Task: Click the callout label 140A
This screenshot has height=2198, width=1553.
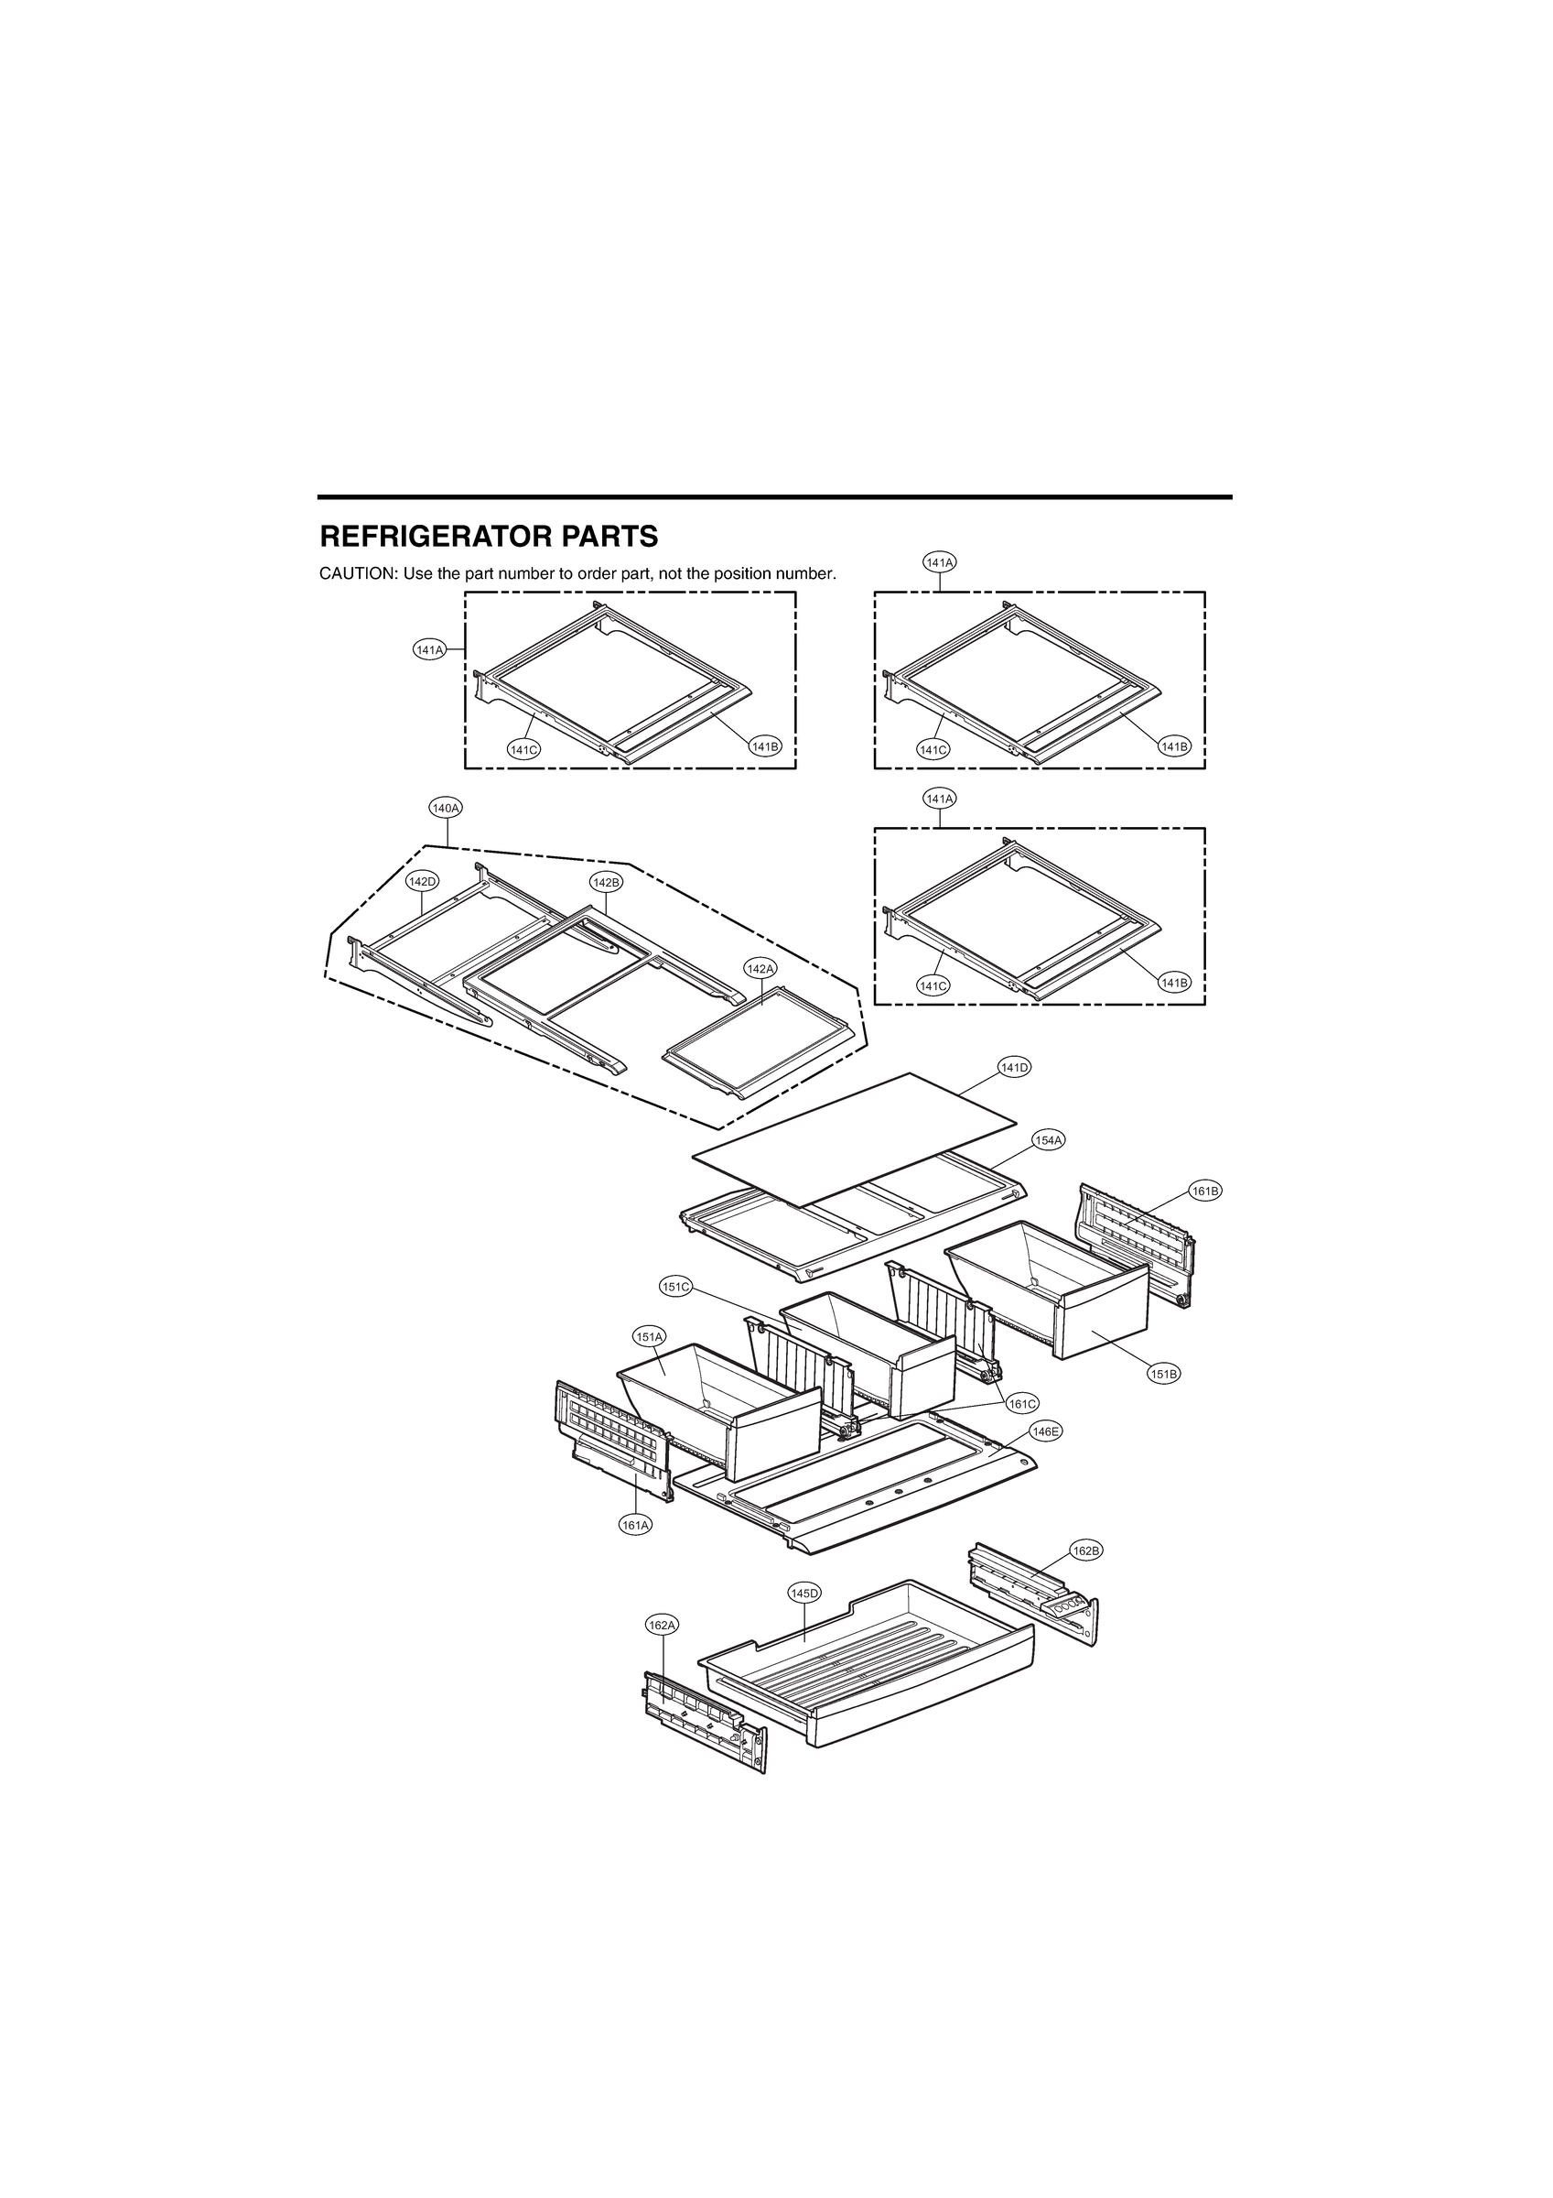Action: pos(446,808)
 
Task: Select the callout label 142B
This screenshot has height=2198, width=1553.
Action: pos(606,881)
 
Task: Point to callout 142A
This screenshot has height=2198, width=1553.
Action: pos(760,969)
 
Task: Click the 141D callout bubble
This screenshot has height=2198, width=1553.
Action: pos(1014,1068)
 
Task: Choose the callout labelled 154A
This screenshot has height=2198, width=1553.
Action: pos(1048,1140)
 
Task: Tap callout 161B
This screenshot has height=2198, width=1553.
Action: pos(1204,1191)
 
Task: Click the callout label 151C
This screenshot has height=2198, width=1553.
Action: pos(675,1287)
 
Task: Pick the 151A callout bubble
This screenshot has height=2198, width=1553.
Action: pos(649,1336)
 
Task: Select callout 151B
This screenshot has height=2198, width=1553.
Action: pos(1163,1374)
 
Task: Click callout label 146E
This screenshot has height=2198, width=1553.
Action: pos(1046,1458)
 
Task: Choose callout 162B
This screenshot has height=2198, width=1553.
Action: pos(1086,1577)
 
